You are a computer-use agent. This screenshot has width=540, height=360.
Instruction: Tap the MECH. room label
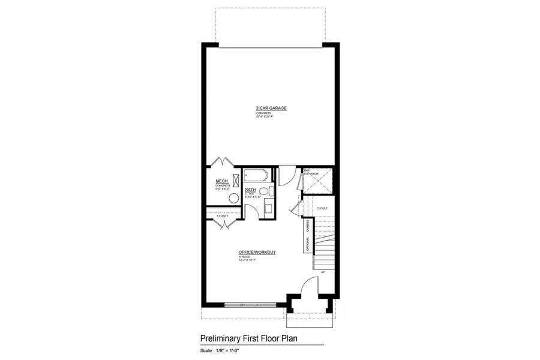tap(220, 181)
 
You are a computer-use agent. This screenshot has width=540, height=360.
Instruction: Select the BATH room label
tap(250, 190)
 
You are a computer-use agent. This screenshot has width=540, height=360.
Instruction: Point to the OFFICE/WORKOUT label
tap(257, 253)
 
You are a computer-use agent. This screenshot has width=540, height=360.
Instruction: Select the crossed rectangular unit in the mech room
tap(235, 181)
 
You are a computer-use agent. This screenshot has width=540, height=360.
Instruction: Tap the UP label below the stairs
tap(322, 272)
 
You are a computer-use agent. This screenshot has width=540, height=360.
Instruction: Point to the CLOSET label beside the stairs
tap(322, 208)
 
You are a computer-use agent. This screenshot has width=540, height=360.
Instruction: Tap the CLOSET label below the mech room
tap(214, 216)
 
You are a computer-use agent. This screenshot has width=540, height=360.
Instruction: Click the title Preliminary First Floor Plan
tap(249, 338)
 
